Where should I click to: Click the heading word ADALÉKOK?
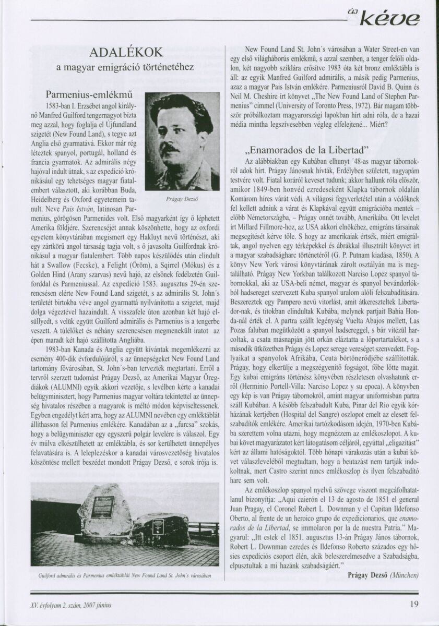coord(126,52)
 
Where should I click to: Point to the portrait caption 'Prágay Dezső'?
coord(182,199)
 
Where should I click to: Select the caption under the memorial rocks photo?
coord(125,575)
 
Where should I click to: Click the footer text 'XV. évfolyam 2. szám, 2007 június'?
coord(71,605)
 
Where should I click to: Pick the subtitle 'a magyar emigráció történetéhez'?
coord(125,67)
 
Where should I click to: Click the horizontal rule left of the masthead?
coord(188,20)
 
